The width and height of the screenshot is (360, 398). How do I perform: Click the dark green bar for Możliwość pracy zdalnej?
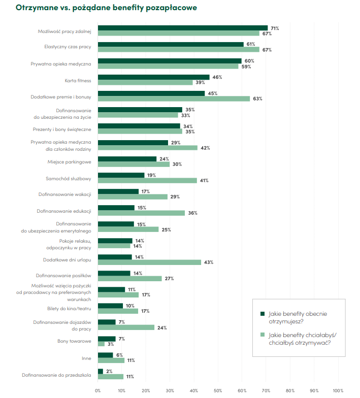182,28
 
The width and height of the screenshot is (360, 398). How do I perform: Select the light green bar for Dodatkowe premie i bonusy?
174,98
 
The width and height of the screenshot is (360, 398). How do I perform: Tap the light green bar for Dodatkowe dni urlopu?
149,262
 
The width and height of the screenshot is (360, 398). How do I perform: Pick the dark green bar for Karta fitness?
153,77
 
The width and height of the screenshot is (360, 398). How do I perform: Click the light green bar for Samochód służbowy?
147,180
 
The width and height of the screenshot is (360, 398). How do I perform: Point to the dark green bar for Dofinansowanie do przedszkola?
100,371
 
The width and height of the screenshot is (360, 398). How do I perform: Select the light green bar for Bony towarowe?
101,344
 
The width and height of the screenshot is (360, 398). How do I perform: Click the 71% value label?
275,28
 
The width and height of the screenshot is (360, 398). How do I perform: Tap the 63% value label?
257,98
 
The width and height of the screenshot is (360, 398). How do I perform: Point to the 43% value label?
208,262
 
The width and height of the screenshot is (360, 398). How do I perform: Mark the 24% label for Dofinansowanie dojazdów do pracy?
162,328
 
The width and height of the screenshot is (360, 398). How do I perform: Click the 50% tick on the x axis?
218,390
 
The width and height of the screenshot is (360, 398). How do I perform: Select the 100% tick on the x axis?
337,390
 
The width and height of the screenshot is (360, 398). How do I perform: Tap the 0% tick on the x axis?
98,390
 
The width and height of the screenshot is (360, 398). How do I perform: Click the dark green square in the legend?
263,314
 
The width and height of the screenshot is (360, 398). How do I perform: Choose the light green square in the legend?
263,335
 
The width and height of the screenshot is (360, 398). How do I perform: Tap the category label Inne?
86,358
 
